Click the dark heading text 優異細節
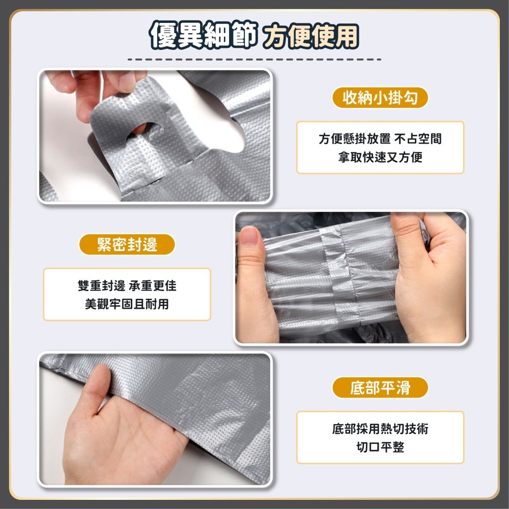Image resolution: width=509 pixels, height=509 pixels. tap(204, 35)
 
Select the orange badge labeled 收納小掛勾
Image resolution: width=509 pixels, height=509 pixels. tap(380, 97)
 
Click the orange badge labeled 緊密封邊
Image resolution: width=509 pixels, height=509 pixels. tap(127, 244)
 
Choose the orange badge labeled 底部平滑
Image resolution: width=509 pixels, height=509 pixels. tap(380, 387)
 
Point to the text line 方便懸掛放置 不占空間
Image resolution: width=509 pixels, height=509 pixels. tap(380, 138)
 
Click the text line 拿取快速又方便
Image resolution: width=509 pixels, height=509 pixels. tap(380, 157)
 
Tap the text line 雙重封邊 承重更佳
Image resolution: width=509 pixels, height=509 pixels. tap(127, 286)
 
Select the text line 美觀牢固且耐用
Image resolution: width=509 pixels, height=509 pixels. tap(127, 304)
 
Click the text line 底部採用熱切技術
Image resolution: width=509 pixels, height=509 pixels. tap(380, 429)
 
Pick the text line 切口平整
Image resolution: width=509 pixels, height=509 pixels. tap(380, 447)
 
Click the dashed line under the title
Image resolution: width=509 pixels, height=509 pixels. tap(254, 60)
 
